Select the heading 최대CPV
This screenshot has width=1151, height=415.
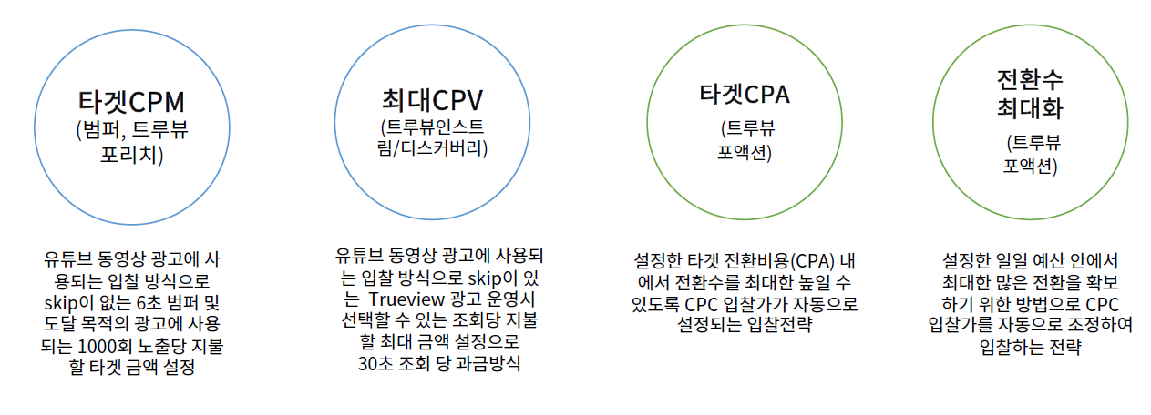432,97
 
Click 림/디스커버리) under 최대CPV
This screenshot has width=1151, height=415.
432,148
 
